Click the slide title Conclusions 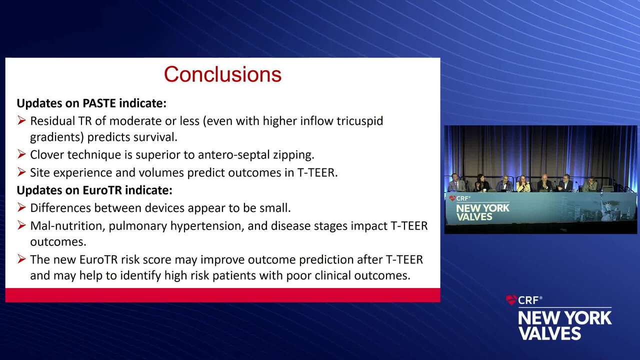222,74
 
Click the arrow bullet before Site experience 21,172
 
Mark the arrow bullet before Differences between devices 21,207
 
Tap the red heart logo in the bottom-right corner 511,300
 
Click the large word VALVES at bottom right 550,333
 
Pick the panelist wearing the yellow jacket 523,184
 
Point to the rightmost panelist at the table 591,184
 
